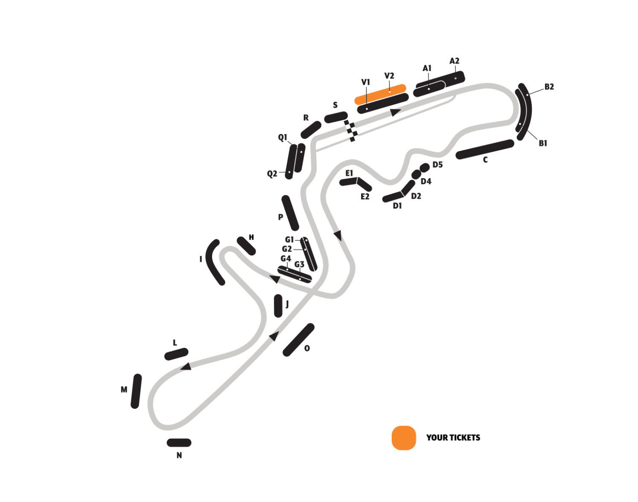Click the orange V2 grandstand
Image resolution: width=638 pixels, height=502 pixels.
(x=380, y=94)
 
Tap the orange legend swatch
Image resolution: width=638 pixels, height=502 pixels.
(x=404, y=438)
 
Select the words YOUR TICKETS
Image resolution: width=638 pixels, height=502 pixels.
(x=453, y=437)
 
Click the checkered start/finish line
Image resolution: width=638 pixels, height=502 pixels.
(x=351, y=131)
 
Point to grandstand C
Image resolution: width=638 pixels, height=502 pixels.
(x=485, y=149)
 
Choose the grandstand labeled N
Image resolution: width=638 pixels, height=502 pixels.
(x=179, y=443)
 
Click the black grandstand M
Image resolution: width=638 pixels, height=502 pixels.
(x=136, y=391)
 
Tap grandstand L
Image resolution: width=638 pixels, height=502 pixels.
(x=176, y=354)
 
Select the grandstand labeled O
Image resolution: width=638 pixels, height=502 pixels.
(x=298, y=340)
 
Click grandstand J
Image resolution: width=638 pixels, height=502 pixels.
(x=278, y=305)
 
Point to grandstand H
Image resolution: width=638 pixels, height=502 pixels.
(x=246, y=246)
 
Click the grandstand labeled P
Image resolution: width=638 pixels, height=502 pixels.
(x=290, y=213)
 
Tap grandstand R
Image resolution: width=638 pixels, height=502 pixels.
(x=311, y=130)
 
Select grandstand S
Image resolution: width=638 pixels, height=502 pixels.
(x=336, y=117)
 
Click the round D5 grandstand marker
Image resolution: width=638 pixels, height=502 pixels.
(x=424, y=167)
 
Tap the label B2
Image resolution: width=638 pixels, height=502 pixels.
(x=549, y=87)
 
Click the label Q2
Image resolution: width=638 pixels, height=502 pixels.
(x=272, y=173)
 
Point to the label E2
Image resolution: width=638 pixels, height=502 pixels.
(x=365, y=197)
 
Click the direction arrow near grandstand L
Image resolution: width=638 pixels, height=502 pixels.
(x=186, y=367)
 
